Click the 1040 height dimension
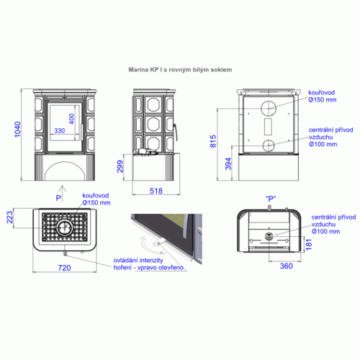[17, 130]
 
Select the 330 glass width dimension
[60, 131]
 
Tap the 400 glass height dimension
[71, 119]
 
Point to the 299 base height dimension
[120, 166]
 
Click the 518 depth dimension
[156, 191]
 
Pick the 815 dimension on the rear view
[213, 141]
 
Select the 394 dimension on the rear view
[228, 164]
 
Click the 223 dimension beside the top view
[9, 217]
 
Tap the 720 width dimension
[64, 268]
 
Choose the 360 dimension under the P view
[286, 266]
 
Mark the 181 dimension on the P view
[309, 245]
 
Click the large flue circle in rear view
[269, 108]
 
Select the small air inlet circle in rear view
[269, 145]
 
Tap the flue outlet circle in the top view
[65, 227]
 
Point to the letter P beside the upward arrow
[58, 198]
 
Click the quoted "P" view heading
[271, 199]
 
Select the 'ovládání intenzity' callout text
[138, 261]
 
